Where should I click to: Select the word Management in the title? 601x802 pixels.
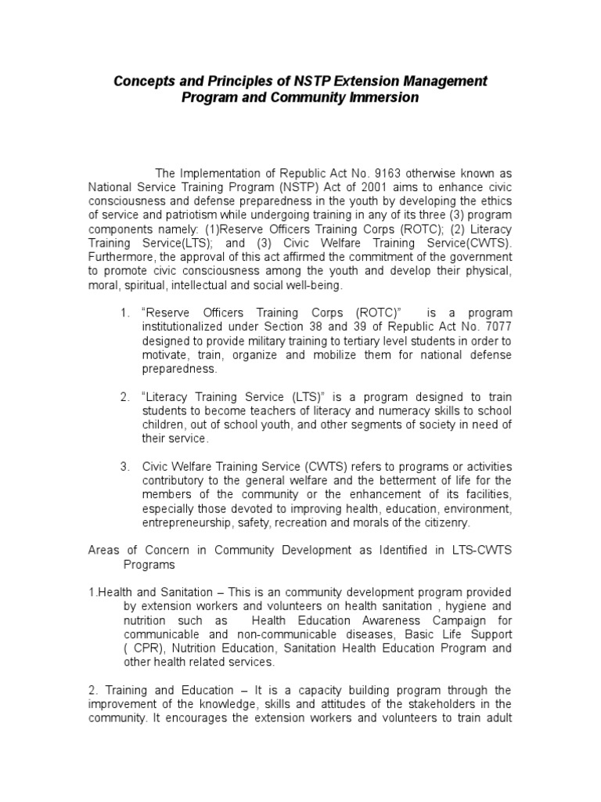coord(442,81)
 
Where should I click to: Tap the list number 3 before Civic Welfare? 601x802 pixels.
coord(124,467)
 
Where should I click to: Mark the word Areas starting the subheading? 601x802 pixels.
coord(103,551)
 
